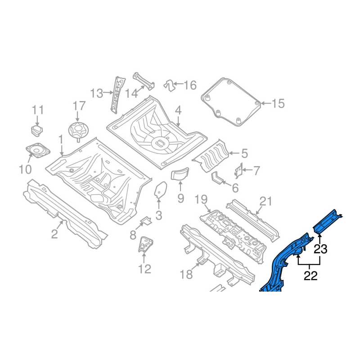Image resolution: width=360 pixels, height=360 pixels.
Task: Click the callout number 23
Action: point(320,249)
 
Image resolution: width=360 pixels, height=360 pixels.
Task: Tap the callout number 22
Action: point(310,276)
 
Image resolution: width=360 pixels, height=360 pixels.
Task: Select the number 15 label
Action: point(278,103)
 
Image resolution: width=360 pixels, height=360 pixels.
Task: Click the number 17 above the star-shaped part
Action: point(79,106)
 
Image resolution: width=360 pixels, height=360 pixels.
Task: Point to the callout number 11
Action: point(38,110)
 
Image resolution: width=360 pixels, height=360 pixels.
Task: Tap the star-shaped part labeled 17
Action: point(77,131)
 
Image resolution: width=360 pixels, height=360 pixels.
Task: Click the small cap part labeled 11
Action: point(37,130)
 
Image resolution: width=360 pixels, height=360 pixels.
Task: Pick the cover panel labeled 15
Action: point(231,102)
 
